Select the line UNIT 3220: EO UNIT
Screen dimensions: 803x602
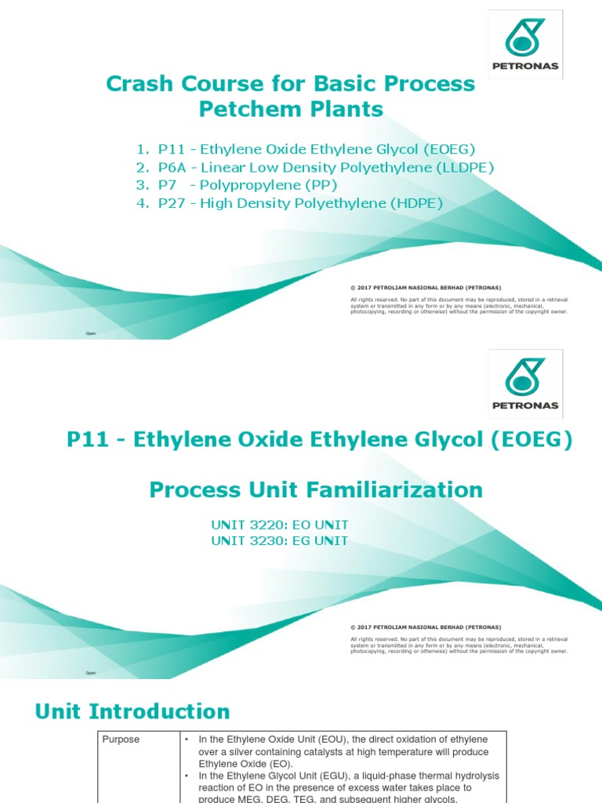280,525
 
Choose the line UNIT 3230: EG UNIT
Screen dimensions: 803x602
280,541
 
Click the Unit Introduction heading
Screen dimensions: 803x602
132,712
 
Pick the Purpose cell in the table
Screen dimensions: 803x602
122,739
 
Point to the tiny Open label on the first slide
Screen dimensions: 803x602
91,333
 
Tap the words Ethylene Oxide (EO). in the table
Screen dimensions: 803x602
243,763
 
